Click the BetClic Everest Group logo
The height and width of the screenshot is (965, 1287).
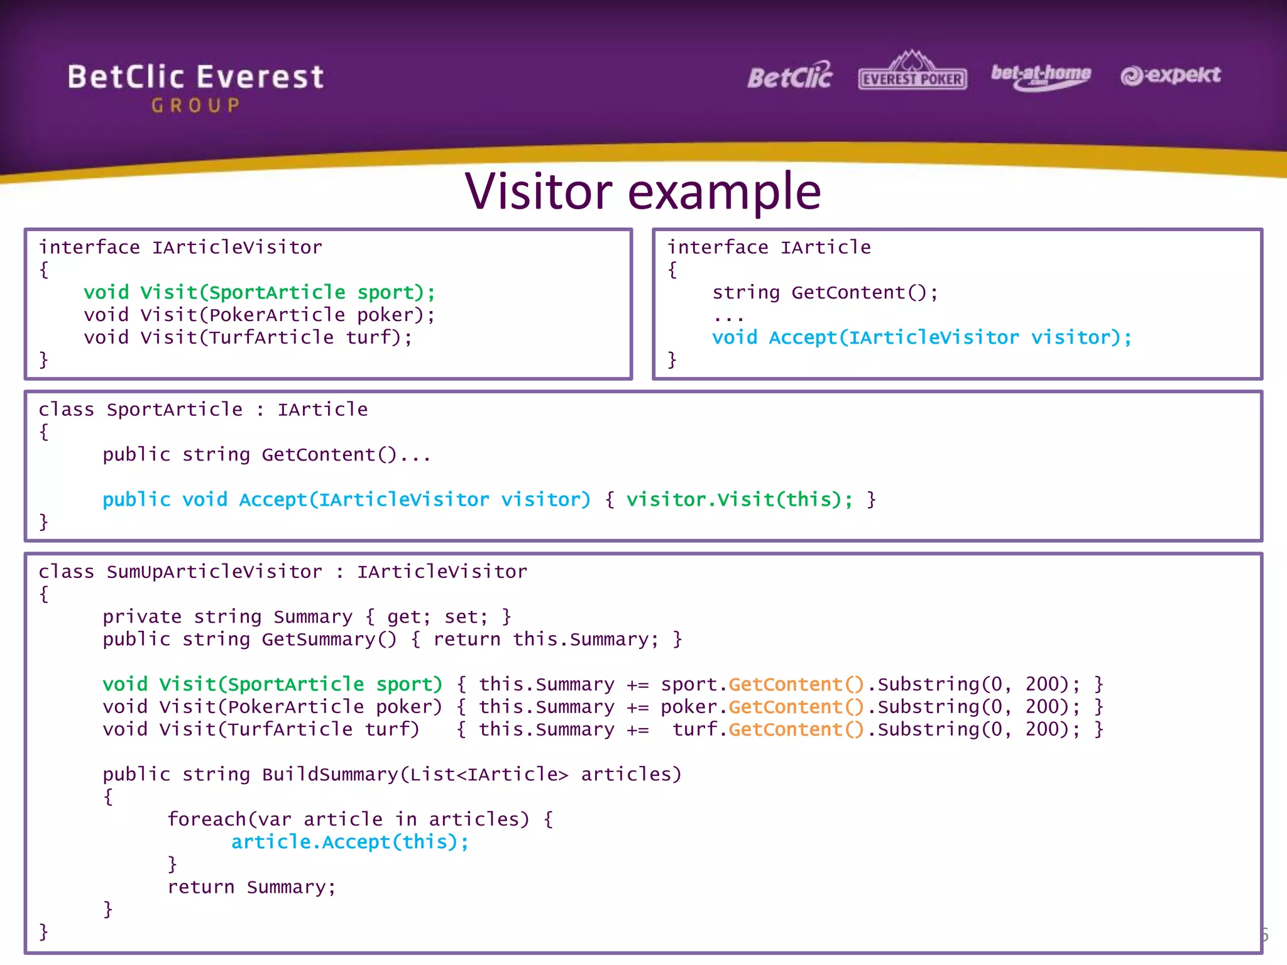[195, 87]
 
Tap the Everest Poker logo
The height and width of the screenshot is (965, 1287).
[912, 72]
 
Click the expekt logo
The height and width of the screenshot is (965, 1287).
[1170, 75]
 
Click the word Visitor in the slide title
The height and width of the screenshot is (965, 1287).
[539, 191]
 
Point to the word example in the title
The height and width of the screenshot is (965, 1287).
[724, 192]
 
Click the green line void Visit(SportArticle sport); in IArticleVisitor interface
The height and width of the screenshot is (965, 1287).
[259, 292]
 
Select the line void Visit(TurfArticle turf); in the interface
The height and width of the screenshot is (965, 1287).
[248, 337]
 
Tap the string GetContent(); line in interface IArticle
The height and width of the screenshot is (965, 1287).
[824, 292]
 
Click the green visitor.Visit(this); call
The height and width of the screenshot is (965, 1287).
[739, 499]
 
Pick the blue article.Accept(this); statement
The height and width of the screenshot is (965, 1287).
[349, 842]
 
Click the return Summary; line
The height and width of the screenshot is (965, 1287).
[251, 887]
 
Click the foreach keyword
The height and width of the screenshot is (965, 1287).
[206, 819]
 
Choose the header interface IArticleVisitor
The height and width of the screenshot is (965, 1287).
[180, 247]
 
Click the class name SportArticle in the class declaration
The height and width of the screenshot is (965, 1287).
[174, 410]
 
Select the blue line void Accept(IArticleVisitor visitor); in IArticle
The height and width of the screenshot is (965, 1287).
[921, 337]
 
